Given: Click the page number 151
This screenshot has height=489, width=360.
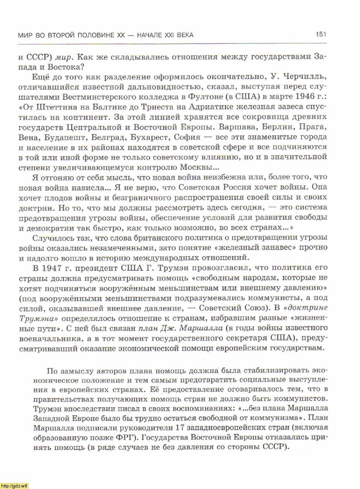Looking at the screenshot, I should [x=321, y=34].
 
